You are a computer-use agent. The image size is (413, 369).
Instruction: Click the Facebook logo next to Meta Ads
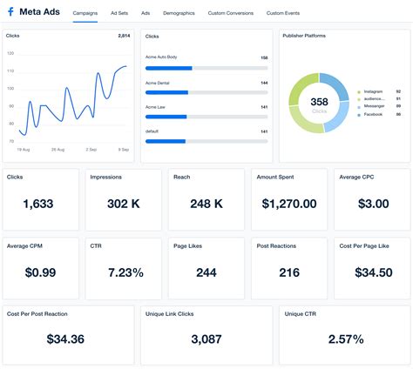[10, 13]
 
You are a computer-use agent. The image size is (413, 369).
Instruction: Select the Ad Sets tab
[119, 14]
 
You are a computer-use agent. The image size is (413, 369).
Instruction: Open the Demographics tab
[179, 14]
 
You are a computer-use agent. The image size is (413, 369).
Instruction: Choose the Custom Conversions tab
[230, 14]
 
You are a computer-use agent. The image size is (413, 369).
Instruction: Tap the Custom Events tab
[284, 14]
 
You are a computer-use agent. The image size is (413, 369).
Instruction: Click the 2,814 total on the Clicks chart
[124, 37]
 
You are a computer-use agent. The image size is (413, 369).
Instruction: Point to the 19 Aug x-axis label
[24, 150]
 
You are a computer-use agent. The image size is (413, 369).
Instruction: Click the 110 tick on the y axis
[10, 68]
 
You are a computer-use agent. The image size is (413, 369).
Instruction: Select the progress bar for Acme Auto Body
[206, 66]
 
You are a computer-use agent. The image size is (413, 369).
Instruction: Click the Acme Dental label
[158, 83]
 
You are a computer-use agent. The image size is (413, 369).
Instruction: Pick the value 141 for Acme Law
[264, 107]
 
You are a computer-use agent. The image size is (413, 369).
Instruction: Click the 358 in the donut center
[319, 102]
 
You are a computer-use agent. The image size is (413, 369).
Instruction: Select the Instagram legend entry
[373, 91]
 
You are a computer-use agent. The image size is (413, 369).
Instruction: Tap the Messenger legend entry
[374, 106]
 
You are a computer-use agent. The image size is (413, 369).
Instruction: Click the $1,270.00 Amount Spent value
[288, 204]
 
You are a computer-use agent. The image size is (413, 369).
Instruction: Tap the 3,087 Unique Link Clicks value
[205, 339]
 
